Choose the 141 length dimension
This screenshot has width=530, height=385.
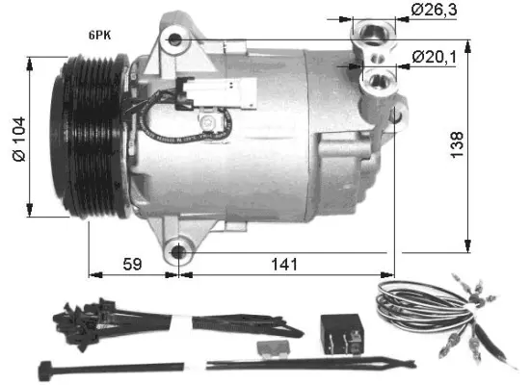point(284,263)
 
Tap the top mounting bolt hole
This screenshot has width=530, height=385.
point(175,39)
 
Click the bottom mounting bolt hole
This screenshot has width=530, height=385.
point(178,252)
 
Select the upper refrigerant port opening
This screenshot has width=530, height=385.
point(372,36)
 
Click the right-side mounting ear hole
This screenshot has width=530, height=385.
point(396,115)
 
